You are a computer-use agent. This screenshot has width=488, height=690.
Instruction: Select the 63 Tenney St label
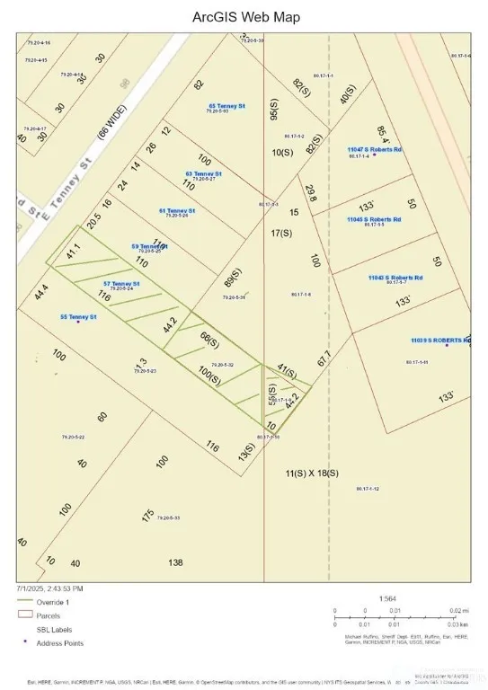click(204, 173)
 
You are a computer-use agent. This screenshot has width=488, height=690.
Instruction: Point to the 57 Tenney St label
click(122, 284)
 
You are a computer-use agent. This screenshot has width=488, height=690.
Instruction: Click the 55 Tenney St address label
click(78, 316)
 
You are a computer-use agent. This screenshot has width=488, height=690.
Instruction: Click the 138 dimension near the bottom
click(175, 562)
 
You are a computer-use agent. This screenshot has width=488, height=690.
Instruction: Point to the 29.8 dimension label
click(310, 192)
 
